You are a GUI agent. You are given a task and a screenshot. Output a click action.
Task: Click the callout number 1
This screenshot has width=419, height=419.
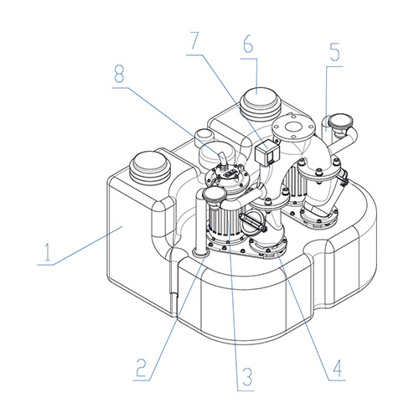pos(48,252)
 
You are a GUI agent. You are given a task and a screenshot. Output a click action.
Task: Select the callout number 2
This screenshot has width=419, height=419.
pos(141,367)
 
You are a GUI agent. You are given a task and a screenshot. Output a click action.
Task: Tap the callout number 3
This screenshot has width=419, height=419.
pos(247,376)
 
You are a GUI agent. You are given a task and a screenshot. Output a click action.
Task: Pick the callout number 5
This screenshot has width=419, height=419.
pos(335,53)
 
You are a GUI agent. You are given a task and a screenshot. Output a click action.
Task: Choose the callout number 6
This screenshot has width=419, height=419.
pos(248,44)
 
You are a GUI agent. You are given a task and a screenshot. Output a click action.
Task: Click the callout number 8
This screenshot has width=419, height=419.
pos(119,74)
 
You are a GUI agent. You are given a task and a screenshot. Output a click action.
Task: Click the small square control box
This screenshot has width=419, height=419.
pos(266,154)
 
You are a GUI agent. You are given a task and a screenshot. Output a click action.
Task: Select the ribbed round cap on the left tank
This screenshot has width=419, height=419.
pos(150,167)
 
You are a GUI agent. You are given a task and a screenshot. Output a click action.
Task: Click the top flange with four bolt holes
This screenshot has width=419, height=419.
pos(293,128)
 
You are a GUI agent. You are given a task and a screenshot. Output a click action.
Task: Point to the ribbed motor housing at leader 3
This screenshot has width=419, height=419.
pos(227,224)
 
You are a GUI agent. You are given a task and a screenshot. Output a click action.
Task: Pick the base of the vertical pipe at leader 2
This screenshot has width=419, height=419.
pos(200,253)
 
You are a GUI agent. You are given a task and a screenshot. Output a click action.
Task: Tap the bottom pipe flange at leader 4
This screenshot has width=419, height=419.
pos(268,248)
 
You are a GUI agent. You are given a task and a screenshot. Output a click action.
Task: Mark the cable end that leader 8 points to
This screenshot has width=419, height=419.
pos(223,158)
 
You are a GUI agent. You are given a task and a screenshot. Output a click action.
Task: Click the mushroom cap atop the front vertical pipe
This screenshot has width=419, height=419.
pos(215,194)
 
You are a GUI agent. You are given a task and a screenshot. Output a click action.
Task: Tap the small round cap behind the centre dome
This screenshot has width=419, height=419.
pos(205,135)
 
